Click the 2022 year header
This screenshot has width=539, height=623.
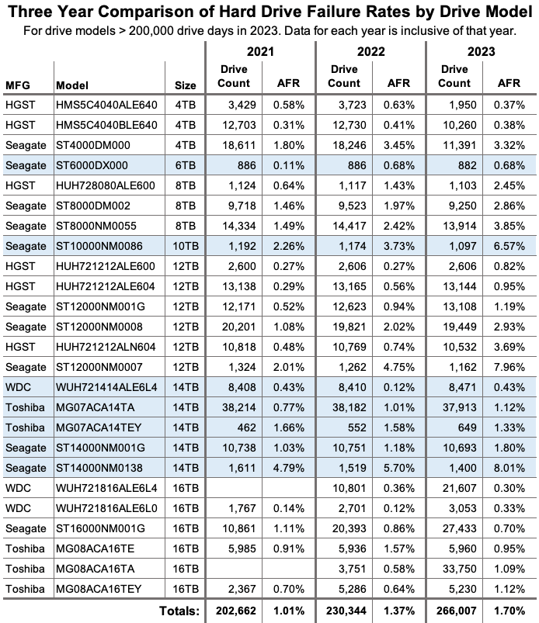click(x=370, y=52)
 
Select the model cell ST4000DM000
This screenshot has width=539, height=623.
click(x=92, y=145)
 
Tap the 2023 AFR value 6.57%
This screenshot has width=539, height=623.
click(x=509, y=247)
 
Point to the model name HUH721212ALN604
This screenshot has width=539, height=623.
click(x=106, y=348)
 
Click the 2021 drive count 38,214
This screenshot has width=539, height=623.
click(x=238, y=407)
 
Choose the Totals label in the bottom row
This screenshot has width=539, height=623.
click(x=179, y=611)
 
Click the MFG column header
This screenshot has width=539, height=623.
click(x=18, y=85)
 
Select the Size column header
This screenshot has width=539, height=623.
click(x=185, y=85)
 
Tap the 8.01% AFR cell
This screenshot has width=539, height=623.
click(x=509, y=468)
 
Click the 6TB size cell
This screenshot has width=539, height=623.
click(x=186, y=165)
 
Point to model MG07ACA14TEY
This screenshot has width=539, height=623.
click(x=99, y=428)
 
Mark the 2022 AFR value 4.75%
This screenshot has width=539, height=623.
click(x=398, y=367)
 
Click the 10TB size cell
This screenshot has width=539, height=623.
click(x=186, y=247)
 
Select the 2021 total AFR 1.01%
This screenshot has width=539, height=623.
click(x=288, y=611)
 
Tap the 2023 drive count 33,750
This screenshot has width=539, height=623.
click(x=460, y=569)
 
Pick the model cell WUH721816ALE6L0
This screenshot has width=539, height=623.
click(x=106, y=509)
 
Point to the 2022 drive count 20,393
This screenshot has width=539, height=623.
click(x=349, y=529)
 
